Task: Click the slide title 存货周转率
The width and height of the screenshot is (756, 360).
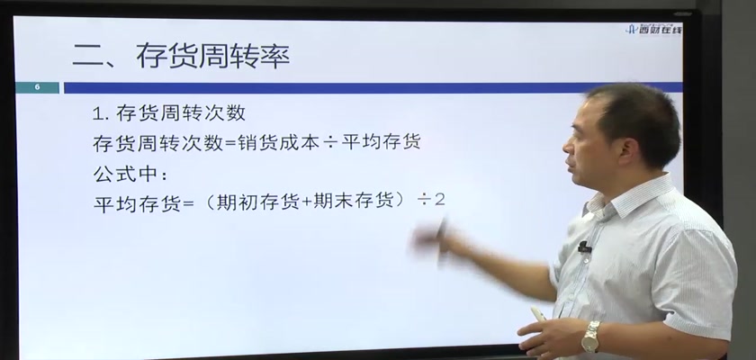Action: [212, 56]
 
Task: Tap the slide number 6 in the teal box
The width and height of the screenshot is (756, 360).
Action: [37, 87]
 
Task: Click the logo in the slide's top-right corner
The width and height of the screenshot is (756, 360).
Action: [653, 30]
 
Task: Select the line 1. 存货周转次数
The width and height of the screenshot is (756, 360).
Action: [169, 113]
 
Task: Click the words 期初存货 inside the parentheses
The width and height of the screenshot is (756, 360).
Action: [258, 202]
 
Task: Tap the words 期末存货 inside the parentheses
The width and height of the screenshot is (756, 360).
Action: [355, 202]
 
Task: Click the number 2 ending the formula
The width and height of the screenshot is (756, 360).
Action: [439, 200]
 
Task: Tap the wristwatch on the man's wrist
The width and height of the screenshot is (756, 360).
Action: [591, 337]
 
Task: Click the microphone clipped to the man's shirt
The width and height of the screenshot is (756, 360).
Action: [584, 247]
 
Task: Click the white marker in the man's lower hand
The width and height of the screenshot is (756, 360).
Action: [538, 314]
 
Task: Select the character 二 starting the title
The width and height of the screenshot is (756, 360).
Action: [89, 57]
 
